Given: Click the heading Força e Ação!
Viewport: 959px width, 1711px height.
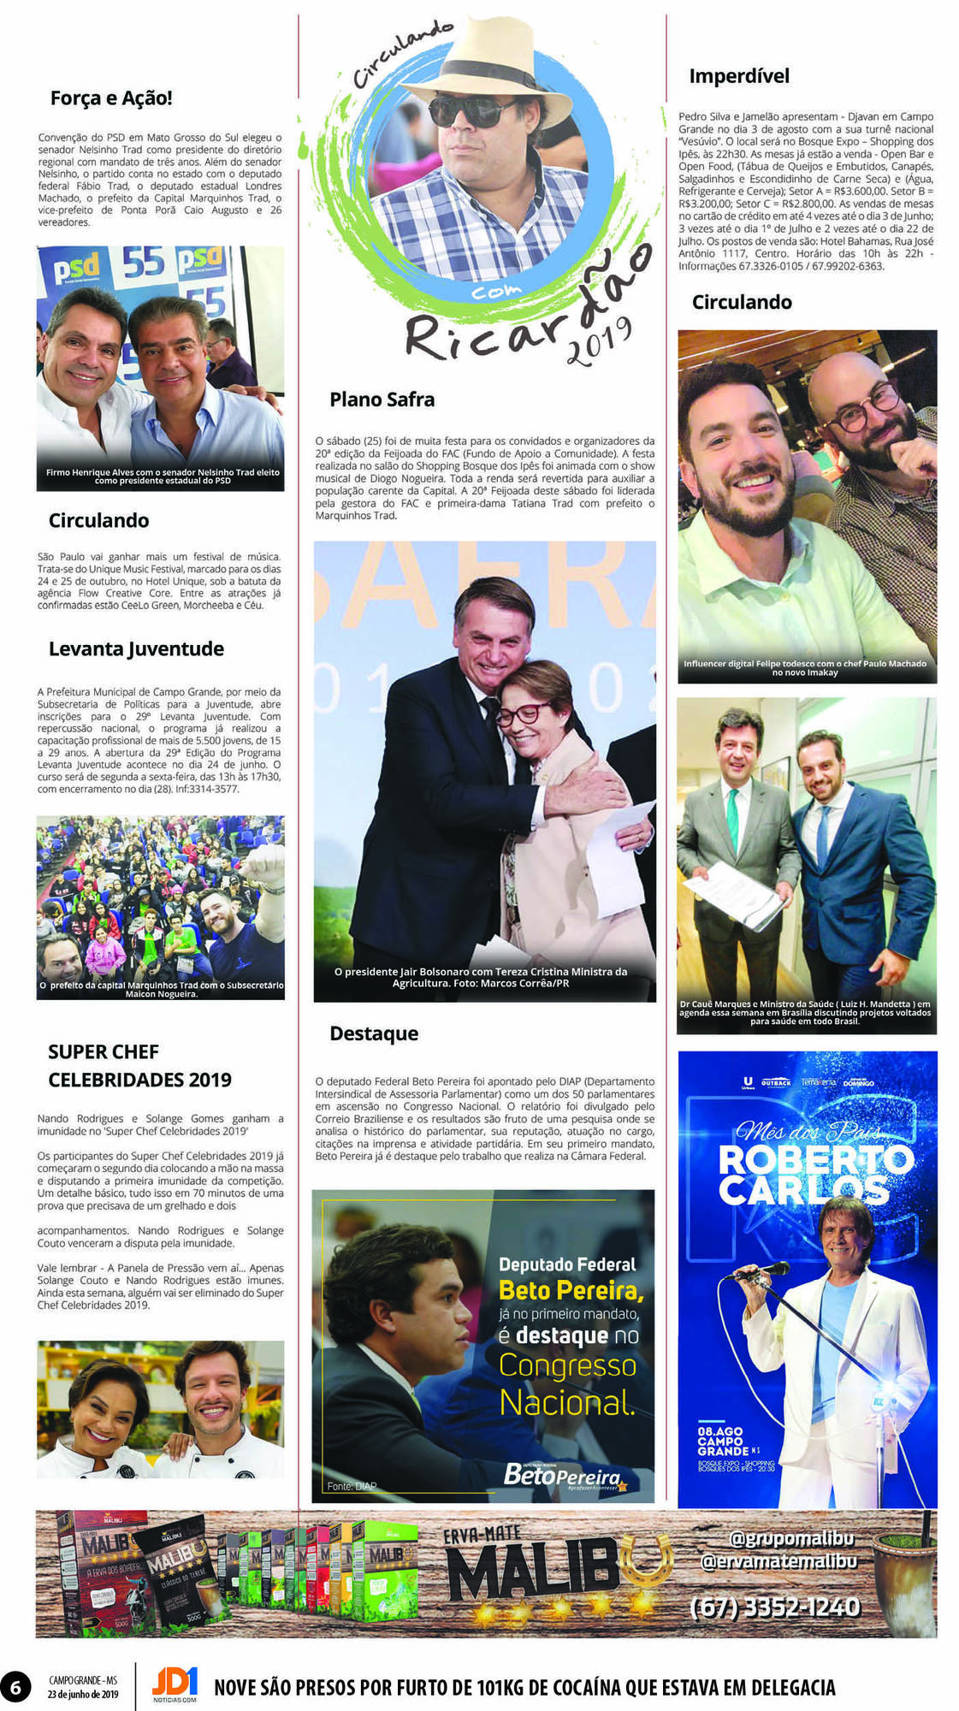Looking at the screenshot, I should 111,98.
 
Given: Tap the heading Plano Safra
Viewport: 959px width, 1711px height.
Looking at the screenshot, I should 382,400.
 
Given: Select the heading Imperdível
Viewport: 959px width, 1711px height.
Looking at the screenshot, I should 739,76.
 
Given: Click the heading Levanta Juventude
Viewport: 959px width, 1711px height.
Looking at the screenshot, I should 136,648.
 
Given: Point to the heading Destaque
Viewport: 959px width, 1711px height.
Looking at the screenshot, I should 374,1033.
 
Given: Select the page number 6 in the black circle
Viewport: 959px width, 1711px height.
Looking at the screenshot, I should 15,1686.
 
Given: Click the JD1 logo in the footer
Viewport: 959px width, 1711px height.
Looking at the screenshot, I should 175,1683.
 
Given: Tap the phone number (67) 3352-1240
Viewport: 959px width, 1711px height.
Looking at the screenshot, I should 774,1607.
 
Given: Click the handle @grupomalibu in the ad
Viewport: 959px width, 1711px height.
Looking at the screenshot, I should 791,1538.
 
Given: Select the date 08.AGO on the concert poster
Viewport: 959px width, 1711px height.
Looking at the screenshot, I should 719,1430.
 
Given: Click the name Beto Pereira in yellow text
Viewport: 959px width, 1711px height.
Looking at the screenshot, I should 571,1289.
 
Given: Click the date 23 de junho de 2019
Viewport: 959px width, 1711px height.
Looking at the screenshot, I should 83,1694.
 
